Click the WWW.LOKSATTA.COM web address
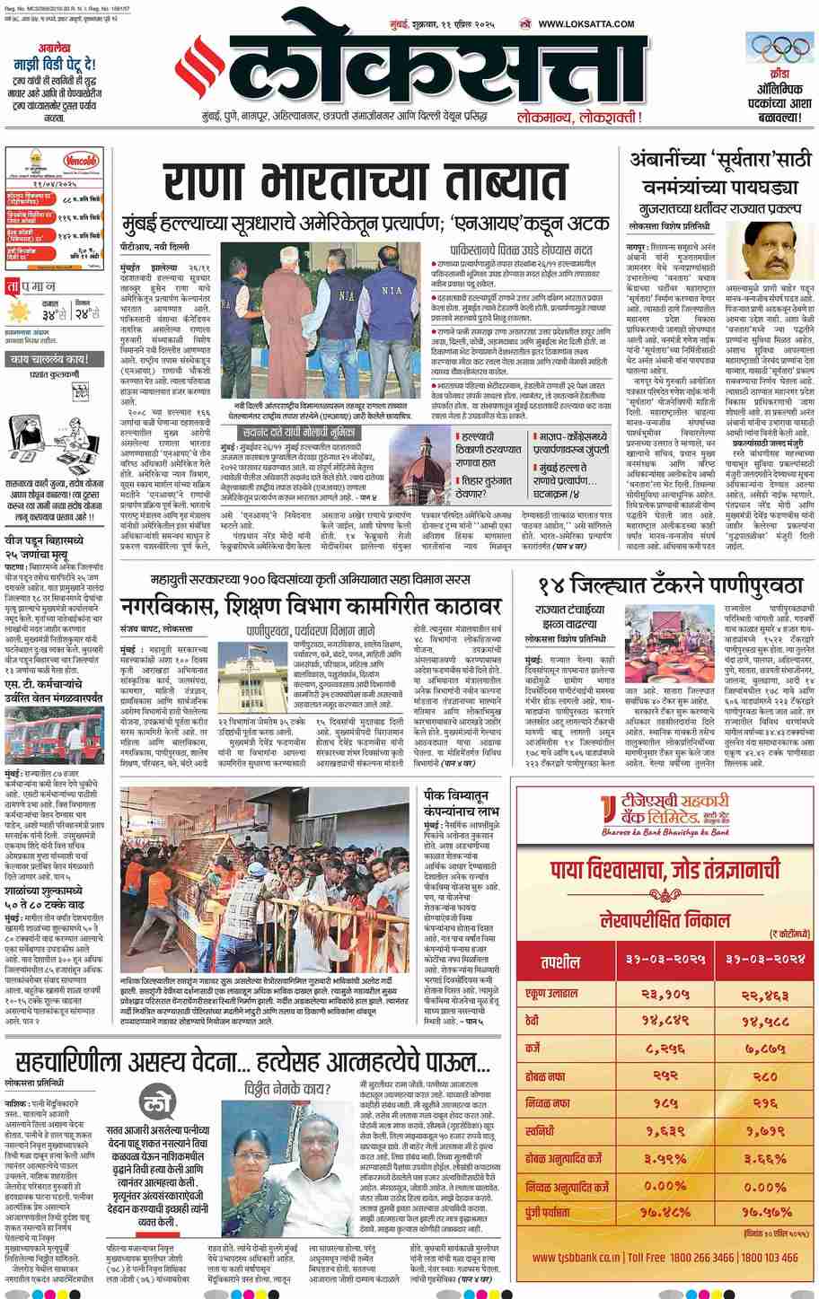click(587, 24)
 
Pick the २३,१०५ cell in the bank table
click(663, 994)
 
